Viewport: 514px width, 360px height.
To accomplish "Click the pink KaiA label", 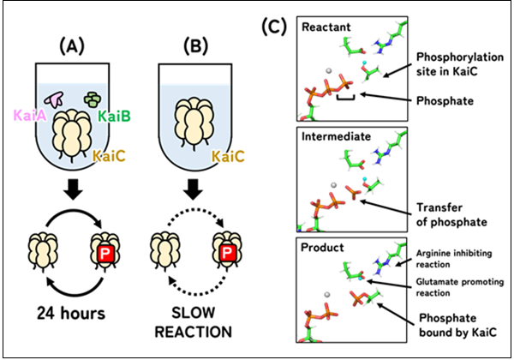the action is (x=29, y=116).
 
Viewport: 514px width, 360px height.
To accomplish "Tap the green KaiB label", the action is (x=115, y=116).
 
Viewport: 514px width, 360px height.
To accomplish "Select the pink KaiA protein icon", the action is (x=55, y=99).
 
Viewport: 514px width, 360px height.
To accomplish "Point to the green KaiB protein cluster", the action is (x=93, y=99).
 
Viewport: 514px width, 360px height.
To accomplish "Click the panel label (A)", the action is (x=72, y=46).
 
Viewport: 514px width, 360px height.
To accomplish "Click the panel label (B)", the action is (x=195, y=46).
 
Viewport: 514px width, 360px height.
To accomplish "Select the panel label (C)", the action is (x=274, y=27).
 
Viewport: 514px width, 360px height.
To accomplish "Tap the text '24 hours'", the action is (x=71, y=313).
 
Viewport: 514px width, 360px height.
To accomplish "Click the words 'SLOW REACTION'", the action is (x=193, y=322).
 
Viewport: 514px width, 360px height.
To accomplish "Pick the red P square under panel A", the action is (x=105, y=254).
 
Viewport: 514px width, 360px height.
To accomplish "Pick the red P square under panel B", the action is (x=228, y=253).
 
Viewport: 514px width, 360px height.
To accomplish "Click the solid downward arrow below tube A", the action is (x=73, y=189).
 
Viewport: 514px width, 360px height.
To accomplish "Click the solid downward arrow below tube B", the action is (x=193, y=189).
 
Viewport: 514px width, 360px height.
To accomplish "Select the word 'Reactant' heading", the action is (x=326, y=27).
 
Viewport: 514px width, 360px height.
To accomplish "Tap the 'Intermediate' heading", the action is (x=336, y=136).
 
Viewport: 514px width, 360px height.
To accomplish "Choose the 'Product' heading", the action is (x=322, y=247).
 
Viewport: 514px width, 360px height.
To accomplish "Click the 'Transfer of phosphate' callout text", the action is (x=451, y=215).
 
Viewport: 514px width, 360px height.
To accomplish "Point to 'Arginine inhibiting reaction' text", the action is (x=454, y=259).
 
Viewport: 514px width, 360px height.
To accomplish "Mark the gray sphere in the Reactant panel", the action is (x=329, y=70).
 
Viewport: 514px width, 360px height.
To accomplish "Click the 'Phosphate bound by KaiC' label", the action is (x=457, y=325).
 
